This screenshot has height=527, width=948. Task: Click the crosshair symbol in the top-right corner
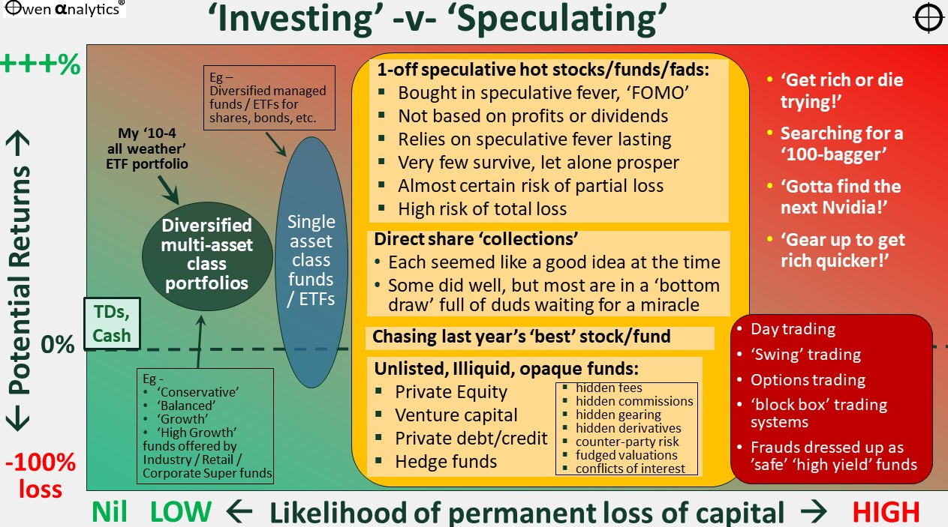pyautogui.click(x=928, y=18)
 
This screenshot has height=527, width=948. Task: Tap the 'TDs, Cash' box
pyautogui.click(x=112, y=324)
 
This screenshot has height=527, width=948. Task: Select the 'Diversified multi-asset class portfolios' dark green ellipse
pyautogui.click(x=207, y=256)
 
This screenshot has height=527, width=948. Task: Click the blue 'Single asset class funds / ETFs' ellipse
pyautogui.click(x=311, y=262)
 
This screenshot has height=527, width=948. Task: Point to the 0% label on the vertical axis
pyautogui.click(x=58, y=344)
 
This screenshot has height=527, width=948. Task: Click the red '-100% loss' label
pyautogui.click(x=41, y=475)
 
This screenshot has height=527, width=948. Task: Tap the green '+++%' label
pyautogui.click(x=41, y=64)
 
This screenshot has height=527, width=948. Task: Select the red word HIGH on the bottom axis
pyautogui.click(x=886, y=512)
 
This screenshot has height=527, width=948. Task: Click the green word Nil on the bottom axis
pyautogui.click(x=109, y=512)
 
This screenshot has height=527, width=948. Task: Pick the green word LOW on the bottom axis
pyautogui.click(x=181, y=512)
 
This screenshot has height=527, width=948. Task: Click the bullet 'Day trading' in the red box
pyautogui.click(x=793, y=329)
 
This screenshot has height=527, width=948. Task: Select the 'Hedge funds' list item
pyautogui.click(x=446, y=462)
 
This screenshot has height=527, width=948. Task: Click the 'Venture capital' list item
pyautogui.click(x=456, y=415)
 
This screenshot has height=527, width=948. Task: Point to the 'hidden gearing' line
pyautogui.click(x=618, y=415)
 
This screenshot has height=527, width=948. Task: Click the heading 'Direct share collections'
pyautogui.click(x=476, y=239)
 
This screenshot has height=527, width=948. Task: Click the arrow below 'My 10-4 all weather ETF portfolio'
pyautogui.click(x=168, y=190)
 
